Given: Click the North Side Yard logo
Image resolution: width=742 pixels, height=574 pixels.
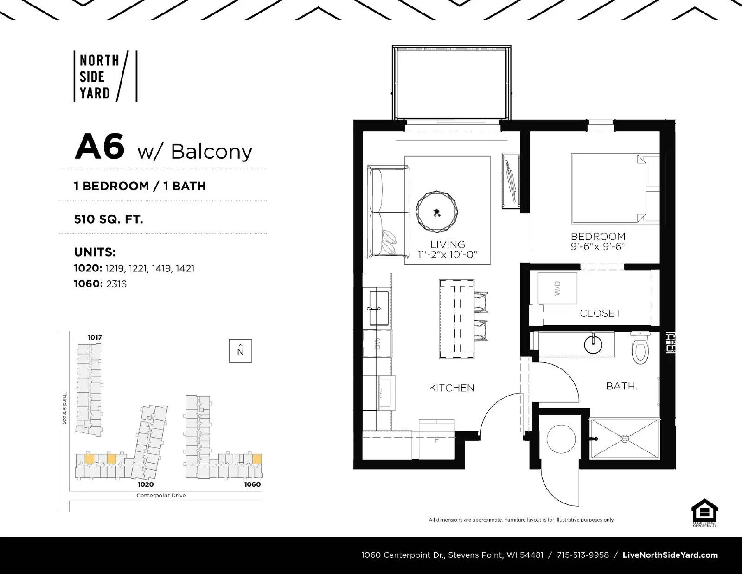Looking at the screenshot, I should [106, 77].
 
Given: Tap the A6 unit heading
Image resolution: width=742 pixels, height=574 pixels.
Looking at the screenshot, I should [100, 147].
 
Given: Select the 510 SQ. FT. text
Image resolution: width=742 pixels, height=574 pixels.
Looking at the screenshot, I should [109, 219].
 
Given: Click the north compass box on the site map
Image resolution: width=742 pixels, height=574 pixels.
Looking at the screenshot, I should [240, 351].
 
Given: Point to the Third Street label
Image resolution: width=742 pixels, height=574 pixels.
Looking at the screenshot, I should [64, 407].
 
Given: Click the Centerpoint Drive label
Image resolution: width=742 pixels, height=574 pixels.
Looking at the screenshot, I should [161, 495].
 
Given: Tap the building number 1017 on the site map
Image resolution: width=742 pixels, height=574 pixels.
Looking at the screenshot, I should [95, 338].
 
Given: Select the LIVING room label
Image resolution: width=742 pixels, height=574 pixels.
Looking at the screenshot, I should [448, 244].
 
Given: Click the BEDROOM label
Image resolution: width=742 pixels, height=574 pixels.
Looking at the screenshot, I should [598, 236].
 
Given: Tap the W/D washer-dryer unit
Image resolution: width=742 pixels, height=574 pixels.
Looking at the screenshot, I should [557, 288].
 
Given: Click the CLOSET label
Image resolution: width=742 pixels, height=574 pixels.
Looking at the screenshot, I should [600, 314].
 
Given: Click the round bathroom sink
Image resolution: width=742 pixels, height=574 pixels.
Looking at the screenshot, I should [593, 344].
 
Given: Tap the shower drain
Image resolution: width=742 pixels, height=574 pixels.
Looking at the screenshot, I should [625, 438].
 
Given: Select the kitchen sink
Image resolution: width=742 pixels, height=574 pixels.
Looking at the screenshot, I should [379, 308].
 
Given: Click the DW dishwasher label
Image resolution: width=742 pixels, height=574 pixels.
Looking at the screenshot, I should [377, 343].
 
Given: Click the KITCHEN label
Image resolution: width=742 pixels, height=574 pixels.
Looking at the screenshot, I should [451, 388].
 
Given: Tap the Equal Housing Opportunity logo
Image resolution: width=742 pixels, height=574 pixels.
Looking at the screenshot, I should [704, 513].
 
